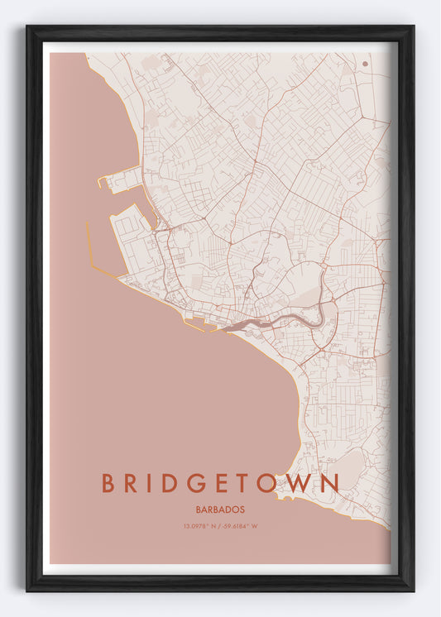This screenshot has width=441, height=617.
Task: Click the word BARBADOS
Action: [x=220, y=509]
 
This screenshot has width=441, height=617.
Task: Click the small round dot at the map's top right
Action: [x=365, y=63]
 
